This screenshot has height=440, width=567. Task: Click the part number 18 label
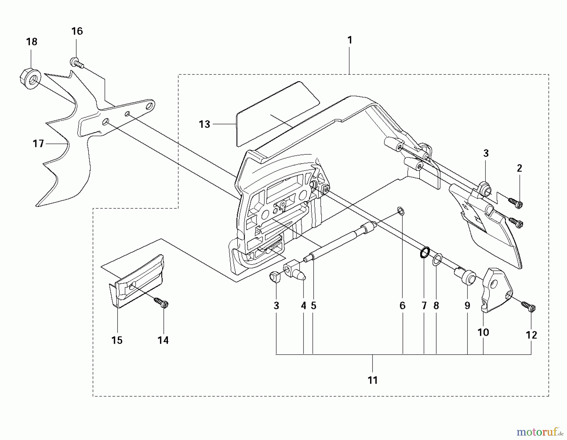[x=31, y=42]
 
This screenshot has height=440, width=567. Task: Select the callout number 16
[x=77, y=31]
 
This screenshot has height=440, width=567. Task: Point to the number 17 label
[x=38, y=144]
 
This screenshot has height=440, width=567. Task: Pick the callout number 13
[x=204, y=124]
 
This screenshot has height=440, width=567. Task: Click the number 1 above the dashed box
[x=350, y=40]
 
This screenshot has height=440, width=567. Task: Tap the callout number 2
[x=519, y=168]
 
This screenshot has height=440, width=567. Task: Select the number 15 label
[x=117, y=340]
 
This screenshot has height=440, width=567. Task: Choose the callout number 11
[x=373, y=380]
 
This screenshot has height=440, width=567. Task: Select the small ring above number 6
[x=401, y=211]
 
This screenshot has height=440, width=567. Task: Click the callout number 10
[x=483, y=332]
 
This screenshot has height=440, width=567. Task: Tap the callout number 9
[x=467, y=306]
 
